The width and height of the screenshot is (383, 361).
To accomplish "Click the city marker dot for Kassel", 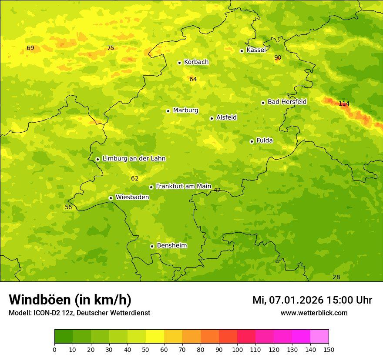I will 242,51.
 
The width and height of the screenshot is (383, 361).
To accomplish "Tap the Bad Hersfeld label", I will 287,102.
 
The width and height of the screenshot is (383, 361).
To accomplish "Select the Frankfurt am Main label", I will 183,186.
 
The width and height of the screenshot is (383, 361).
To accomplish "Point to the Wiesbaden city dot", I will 111,198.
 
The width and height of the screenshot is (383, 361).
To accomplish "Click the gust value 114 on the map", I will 344,104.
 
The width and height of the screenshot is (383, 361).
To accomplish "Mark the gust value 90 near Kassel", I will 278,57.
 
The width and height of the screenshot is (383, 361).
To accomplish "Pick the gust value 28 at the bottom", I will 336,277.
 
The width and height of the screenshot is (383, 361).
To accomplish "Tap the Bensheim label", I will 171,245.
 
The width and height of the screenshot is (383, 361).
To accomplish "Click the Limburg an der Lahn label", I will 134,158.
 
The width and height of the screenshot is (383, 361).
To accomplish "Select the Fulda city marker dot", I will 252,141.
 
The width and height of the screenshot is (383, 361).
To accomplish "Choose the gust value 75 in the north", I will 111,48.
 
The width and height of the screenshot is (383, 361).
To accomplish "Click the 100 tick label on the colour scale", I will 237,349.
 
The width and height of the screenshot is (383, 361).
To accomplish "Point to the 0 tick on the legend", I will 54,349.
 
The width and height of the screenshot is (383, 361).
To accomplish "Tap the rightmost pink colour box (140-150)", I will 319,337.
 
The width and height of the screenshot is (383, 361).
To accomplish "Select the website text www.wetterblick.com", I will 314,313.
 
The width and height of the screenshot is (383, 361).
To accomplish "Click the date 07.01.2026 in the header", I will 296,300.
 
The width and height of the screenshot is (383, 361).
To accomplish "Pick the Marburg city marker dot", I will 168,111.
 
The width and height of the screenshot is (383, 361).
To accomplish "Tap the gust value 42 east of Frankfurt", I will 217,190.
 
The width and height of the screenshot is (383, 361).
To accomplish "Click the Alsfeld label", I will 226,117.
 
